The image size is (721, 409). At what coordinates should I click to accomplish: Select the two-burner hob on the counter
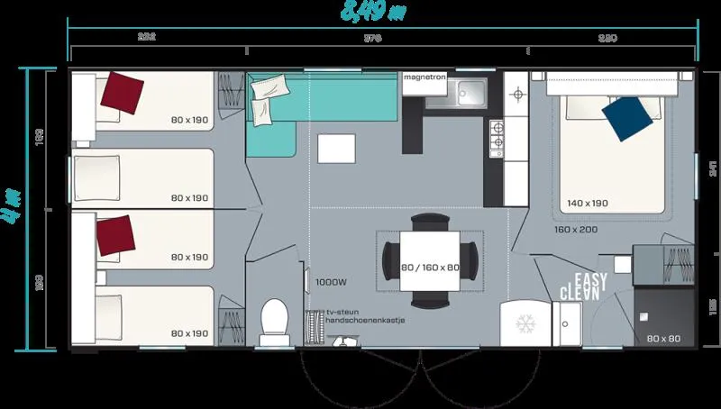coord(496,135)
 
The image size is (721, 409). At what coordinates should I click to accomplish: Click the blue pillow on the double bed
coord(627,118)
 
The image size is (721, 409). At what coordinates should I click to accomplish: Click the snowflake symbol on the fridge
coord(524,323)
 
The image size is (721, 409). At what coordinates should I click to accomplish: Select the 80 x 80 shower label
coord(663,339)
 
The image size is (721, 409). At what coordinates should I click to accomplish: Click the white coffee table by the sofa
coord(337,148)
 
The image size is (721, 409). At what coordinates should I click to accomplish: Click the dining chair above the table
coord(429,222)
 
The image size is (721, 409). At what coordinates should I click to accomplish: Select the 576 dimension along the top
coord(372,38)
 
